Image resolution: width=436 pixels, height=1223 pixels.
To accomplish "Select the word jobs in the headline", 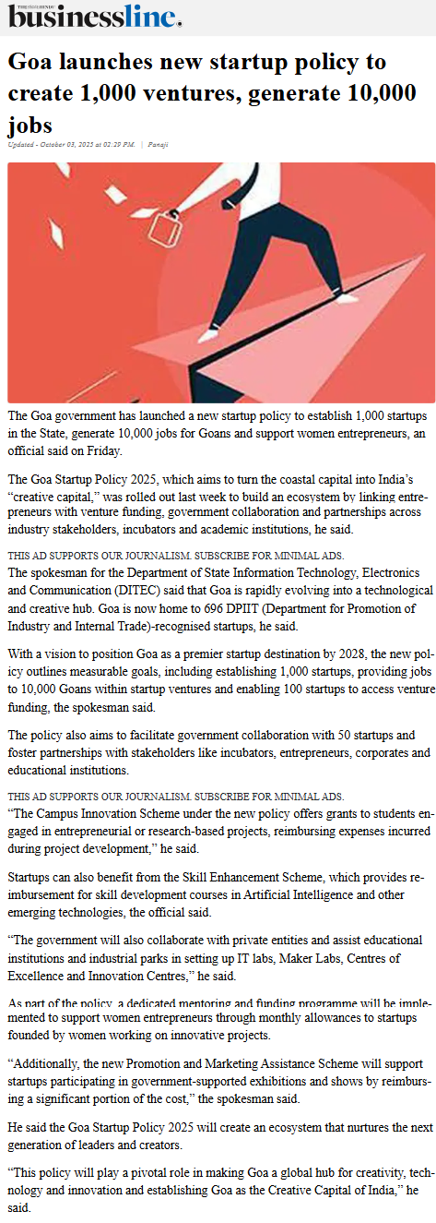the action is pyautogui.click(x=30, y=125).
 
